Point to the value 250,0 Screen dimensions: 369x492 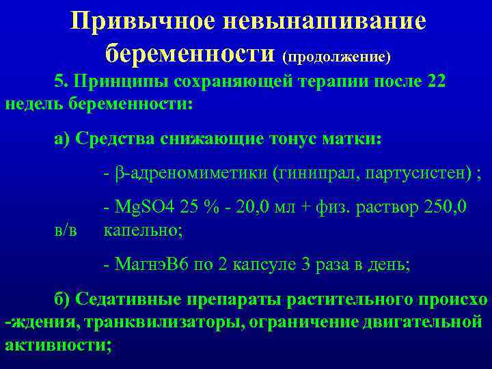click(444, 206)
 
